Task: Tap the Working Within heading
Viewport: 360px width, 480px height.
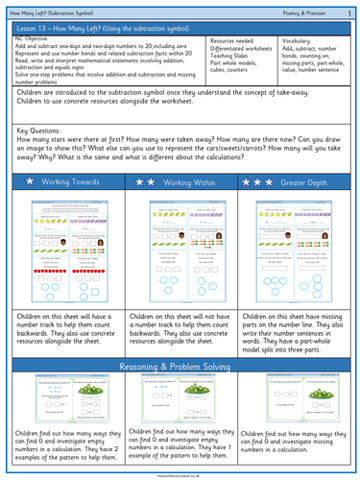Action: tap(187, 181)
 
